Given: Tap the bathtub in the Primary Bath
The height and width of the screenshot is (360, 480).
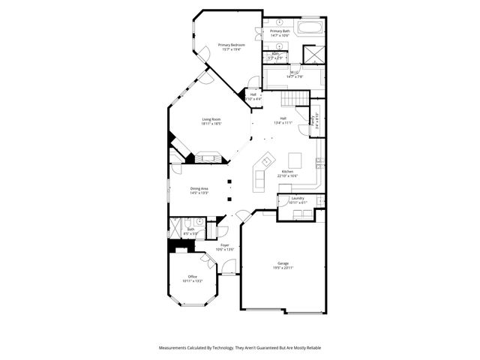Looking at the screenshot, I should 308,28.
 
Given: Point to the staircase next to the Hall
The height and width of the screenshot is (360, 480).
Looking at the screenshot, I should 295,100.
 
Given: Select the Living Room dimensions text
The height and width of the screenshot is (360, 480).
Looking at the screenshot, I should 211,124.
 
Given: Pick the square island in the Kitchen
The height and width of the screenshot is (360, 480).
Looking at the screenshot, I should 295,159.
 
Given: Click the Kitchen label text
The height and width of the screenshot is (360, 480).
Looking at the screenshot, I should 287,172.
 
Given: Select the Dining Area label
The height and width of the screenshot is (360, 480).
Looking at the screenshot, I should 199,188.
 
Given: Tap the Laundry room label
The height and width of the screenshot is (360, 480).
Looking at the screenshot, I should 298,199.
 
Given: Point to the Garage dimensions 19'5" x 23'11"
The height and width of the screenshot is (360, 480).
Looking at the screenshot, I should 283,268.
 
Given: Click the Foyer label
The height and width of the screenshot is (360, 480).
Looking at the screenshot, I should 225,244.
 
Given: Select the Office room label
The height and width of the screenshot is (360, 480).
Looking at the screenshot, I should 193,277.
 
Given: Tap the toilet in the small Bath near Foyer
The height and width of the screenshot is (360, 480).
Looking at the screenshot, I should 200,222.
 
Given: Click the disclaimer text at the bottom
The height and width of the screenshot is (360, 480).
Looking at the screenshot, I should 239,348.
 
